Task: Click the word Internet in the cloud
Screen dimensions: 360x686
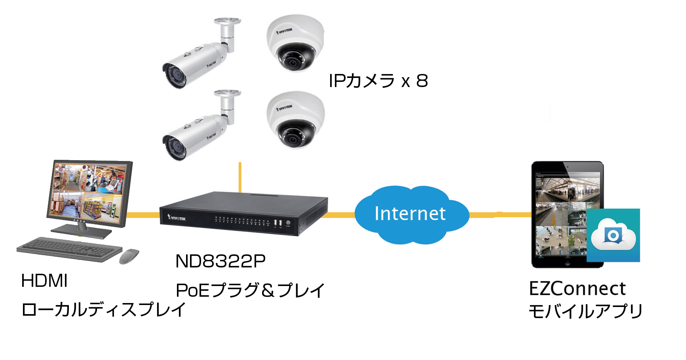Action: coord(410,214)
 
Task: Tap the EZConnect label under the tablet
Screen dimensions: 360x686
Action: coord(577,288)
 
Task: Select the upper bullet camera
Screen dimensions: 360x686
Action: coord(194,63)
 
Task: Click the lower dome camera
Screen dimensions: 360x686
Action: coord(295,119)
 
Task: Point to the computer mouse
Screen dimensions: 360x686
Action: coord(129,256)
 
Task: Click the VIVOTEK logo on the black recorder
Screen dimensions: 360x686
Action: coord(177,217)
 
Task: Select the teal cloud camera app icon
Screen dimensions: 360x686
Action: coord(613,235)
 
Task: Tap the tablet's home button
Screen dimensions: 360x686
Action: coord(567,263)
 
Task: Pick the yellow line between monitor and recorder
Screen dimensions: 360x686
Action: coord(143,215)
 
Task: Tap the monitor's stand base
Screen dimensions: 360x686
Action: coord(81,232)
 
